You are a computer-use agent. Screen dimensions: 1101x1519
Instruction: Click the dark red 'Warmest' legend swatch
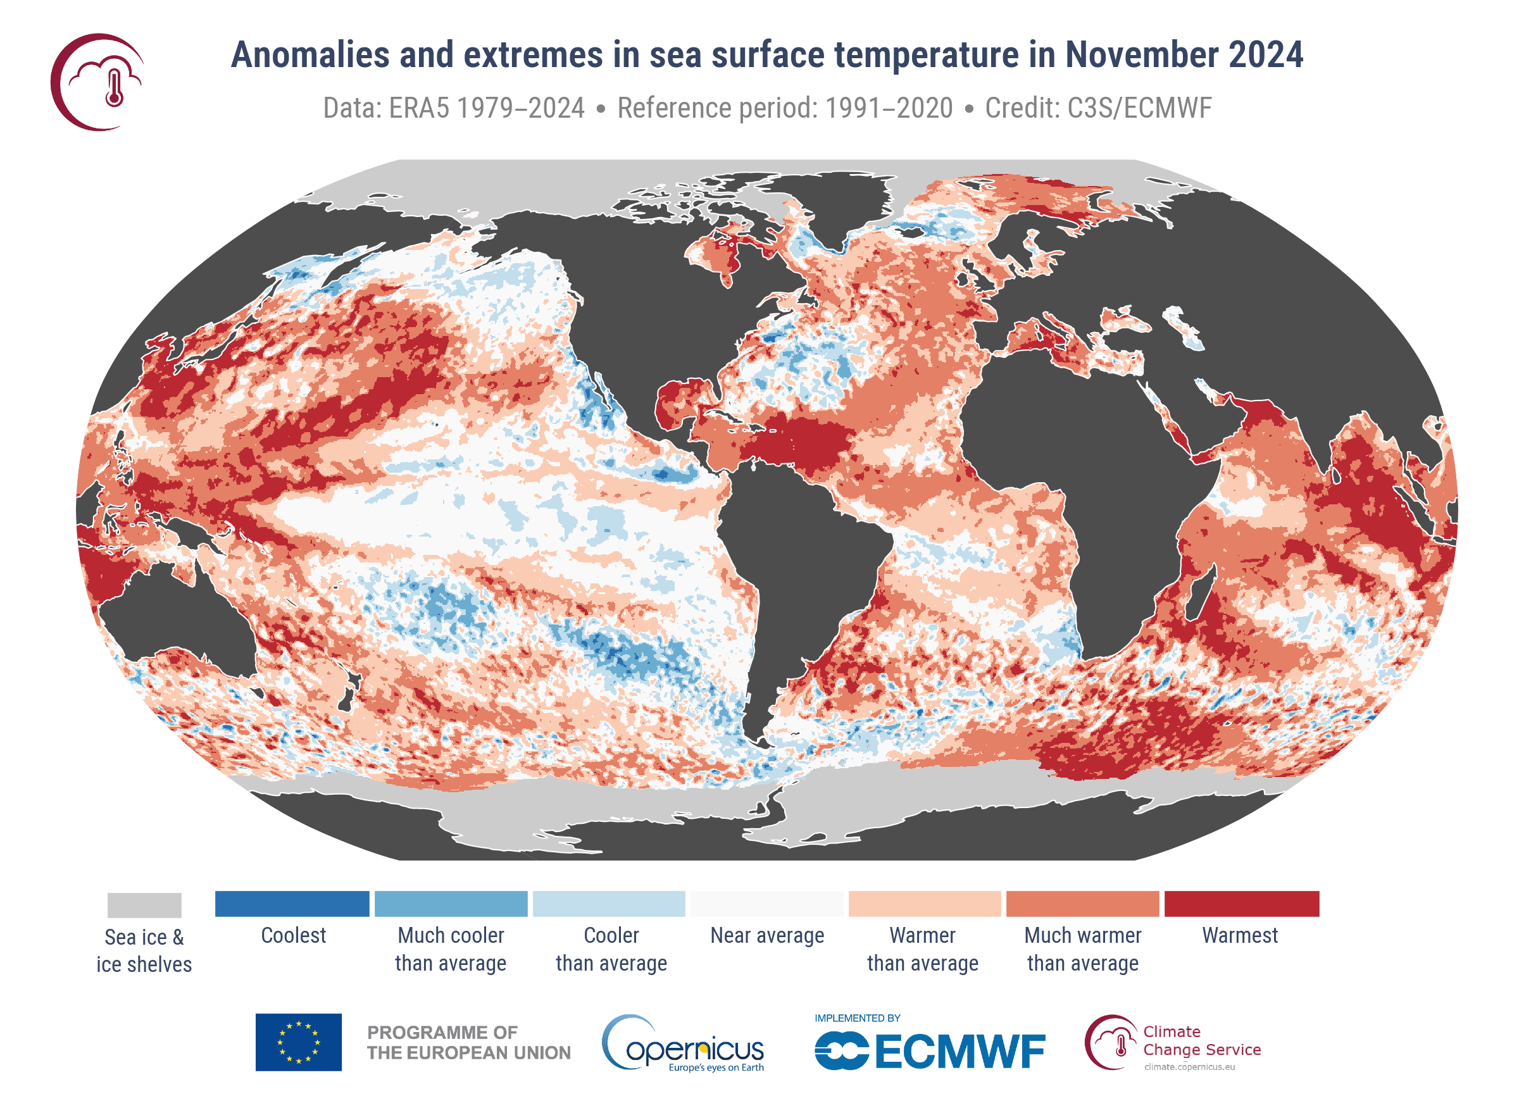[x=1241, y=904]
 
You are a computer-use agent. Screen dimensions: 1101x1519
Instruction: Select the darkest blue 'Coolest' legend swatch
[x=292, y=904]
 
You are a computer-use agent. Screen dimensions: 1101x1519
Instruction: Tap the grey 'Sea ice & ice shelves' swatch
[x=144, y=905]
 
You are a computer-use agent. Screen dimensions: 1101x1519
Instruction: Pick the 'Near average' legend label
[x=767, y=935]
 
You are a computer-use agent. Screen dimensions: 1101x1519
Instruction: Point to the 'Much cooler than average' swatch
[x=451, y=904]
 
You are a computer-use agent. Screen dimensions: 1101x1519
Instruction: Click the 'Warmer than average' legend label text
[x=922, y=949]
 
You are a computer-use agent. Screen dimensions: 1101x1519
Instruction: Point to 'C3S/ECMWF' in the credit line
[x=1139, y=108]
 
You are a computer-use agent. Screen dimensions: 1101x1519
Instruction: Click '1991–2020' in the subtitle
[x=888, y=108]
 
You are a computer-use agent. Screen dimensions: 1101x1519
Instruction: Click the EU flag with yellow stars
[x=298, y=1042]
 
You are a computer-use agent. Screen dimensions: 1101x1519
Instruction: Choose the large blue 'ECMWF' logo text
[x=959, y=1052]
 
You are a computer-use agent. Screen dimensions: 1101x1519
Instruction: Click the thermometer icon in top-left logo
[x=115, y=87]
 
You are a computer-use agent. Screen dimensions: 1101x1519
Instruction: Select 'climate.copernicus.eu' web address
[x=1189, y=1067]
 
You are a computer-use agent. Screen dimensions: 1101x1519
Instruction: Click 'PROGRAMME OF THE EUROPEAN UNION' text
[x=468, y=1043]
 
